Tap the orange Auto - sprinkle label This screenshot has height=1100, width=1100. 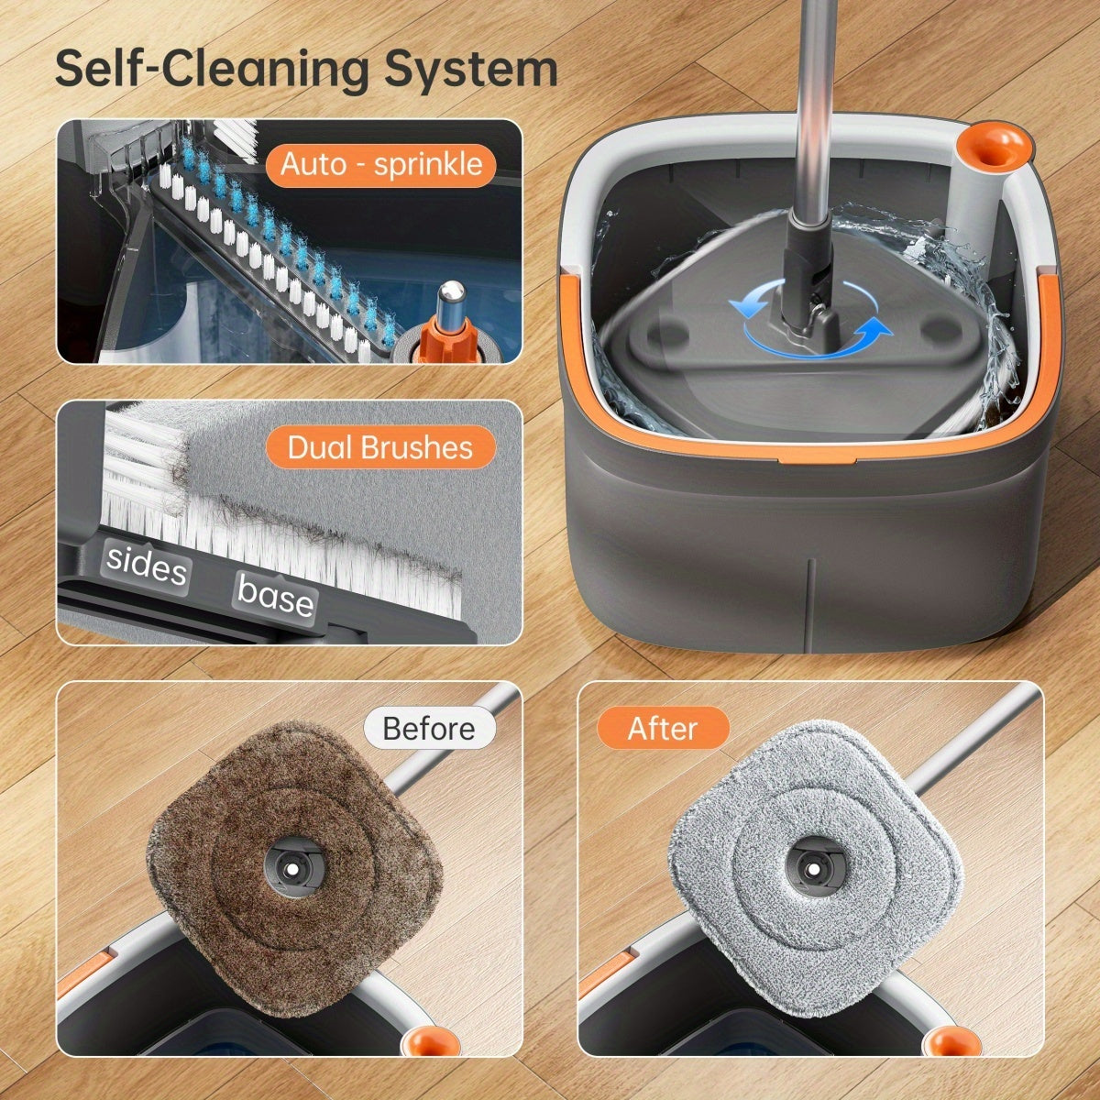click(380, 165)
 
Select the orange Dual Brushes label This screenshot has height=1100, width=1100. click(380, 447)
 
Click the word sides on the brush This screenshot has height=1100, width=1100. click(147, 566)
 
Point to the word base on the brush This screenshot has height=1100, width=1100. click(275, 598)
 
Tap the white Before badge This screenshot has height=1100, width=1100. click(429, 729)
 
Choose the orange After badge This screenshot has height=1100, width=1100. click(663, 729)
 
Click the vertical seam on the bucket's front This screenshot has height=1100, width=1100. click(810, 605)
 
